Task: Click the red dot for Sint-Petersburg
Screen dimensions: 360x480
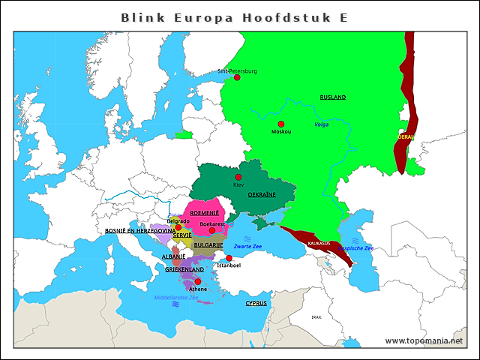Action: (x=237, y=77)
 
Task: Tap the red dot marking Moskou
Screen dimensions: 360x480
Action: (x=281, y=124)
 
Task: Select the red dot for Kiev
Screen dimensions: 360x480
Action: (x=238, y=178)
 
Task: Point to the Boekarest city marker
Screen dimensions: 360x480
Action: (x=212, y=231)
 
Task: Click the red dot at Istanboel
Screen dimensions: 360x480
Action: (x=229, y=258)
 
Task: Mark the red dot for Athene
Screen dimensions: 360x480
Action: (x=198, y=282)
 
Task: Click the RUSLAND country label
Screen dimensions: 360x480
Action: (x=333, y=97)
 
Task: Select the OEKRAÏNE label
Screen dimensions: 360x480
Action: (x=262, y=193)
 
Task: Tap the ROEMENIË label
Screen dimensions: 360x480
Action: (x=204, y=213)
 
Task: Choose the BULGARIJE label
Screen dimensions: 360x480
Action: (x=208, y=244)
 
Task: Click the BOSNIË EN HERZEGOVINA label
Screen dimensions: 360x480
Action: (x=140, y=231)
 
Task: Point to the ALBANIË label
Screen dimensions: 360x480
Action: (x=173, y=256)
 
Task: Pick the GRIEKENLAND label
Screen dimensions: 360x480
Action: (x=184, y=269)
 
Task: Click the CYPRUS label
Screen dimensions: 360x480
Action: (x=256, y=303)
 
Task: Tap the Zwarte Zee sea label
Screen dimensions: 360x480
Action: (x=247, y=247)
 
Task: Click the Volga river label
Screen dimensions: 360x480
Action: (x=322, y=124)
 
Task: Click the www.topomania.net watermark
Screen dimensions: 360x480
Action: (x=424, y=340)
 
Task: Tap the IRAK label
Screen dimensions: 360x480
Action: (x=316, y=317)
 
